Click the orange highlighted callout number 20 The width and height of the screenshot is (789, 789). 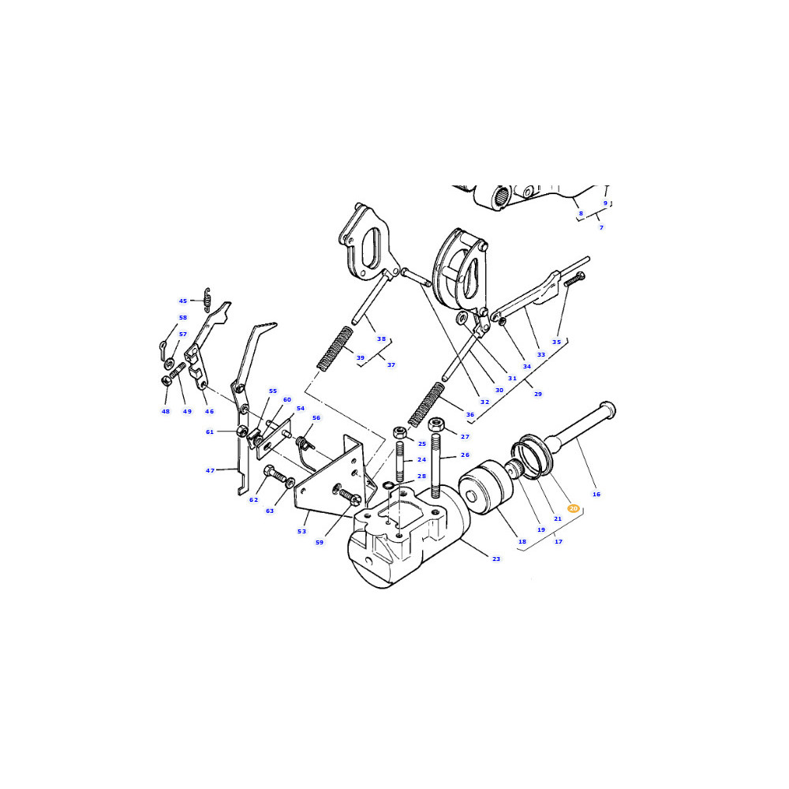pyautogui.click(x=573, y=509)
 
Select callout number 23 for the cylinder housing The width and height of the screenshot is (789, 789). pyautogui.click(x=496, y=559)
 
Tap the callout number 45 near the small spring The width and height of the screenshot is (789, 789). pyautogui.click(x=183, y=301)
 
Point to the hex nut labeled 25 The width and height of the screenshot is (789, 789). pyautogui.click(x=399, y=432)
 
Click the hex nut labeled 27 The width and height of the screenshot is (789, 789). pyautogui.click(x=436, y=424)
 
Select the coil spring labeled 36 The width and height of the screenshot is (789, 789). pyautogui.click(x=426, y=405)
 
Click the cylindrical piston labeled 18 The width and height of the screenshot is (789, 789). pyautogui.click(x=485, y=487)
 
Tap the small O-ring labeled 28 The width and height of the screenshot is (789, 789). pyautogui.click(x=388, y=485)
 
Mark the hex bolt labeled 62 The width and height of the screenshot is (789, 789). pyautogui.click(x=275, y=474)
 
